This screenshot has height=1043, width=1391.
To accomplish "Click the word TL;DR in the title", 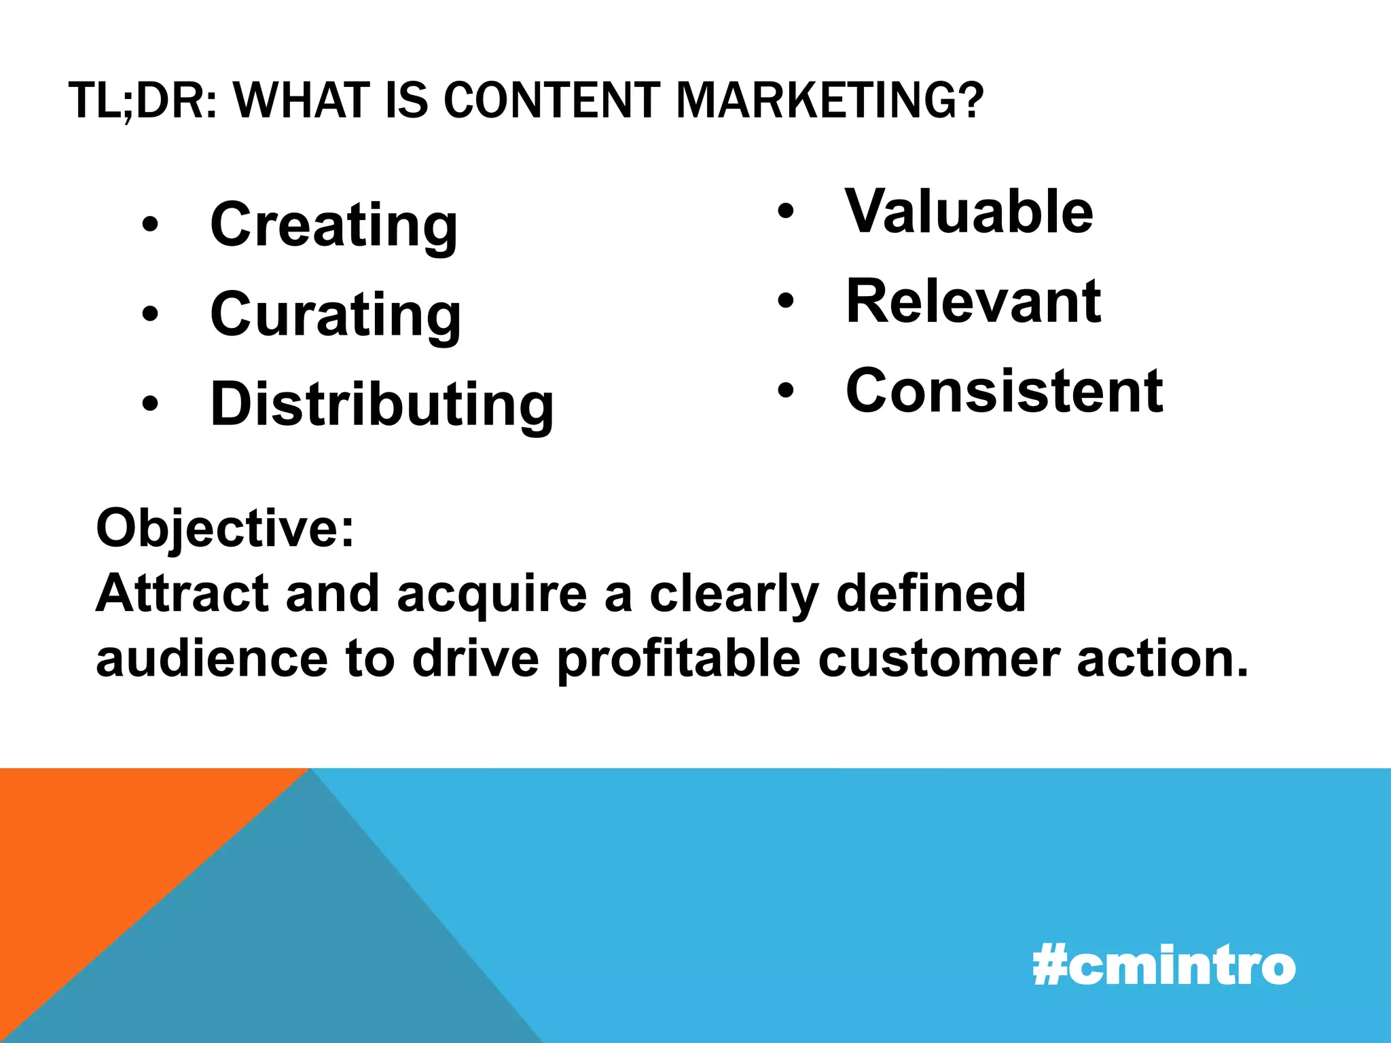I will (143, 100).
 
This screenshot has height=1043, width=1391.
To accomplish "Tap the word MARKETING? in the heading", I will (829, 100).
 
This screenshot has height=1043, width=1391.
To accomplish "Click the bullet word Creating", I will (333, 225).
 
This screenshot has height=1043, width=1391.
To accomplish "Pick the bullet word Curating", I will (336, 314).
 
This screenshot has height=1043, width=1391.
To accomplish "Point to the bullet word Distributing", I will (382, 405).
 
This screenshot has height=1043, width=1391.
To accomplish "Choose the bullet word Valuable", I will (969, 211).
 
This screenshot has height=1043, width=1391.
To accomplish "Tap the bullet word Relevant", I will (973, 301).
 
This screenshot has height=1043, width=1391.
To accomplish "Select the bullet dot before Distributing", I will (150, 404).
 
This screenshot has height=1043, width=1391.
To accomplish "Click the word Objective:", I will (225, 528).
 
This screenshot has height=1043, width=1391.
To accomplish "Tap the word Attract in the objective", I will (181, 593).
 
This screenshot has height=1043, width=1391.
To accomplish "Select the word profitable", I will (679, 659).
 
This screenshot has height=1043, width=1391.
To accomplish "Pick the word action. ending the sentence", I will (1162, 659).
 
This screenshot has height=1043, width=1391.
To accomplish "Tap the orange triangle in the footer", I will (102, 856).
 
